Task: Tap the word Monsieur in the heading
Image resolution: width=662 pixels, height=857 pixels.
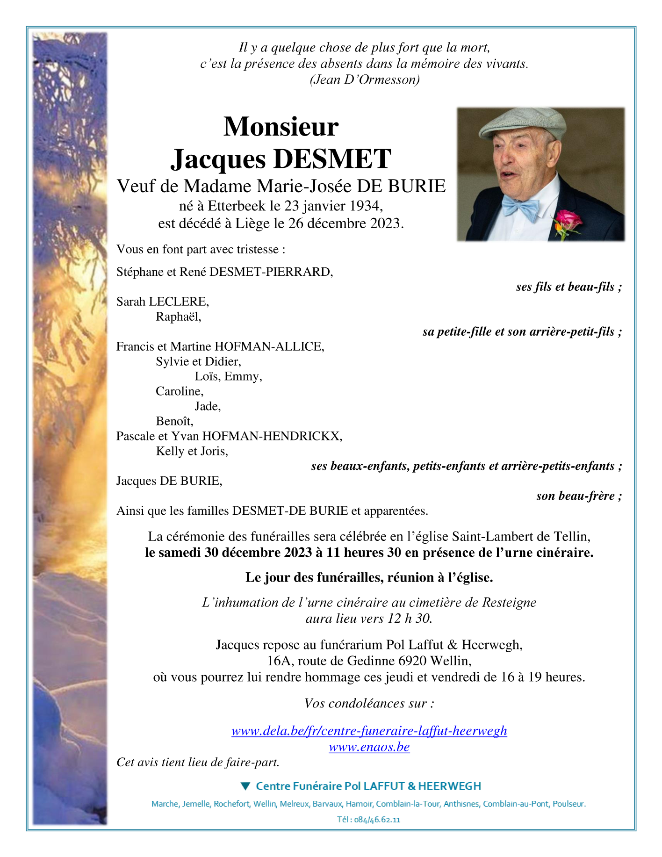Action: tap(281, 127)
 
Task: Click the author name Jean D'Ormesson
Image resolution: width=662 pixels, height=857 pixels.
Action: tap(365, 80)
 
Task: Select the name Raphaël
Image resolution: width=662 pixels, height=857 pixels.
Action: tap(178, 317)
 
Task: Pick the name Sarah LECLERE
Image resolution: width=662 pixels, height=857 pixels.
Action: tap(162, 302)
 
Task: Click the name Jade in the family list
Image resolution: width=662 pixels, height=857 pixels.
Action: tap(207, 406)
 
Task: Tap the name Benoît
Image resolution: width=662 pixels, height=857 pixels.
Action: tap(174, 421)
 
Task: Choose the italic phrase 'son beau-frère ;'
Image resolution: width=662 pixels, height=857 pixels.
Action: tap(579, 496)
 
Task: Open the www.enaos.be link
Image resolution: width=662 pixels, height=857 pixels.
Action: tap(369, 747)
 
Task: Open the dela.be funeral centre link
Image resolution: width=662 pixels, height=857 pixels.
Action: tap(369, 731)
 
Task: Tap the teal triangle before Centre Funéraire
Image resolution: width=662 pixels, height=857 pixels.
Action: tap(245, 786)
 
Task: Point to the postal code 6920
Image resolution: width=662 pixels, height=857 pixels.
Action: tap(412, 661)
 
